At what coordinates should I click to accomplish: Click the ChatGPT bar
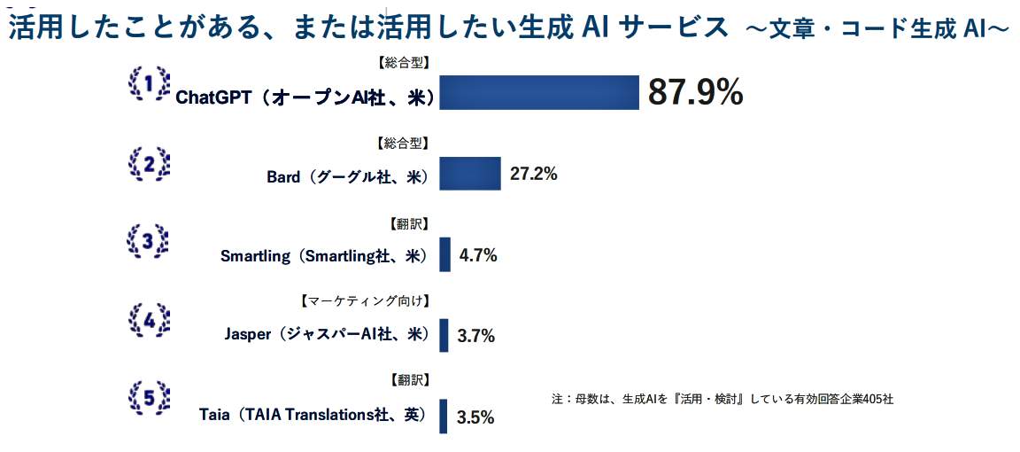pos(539,92)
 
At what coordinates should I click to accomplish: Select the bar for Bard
pos(470,174)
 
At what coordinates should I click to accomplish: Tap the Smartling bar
pos(444,254)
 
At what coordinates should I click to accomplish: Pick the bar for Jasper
pos(444,335)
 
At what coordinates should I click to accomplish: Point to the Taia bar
pos(444,416)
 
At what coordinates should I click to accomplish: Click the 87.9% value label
pos(695,92)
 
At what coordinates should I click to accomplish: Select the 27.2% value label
pos(534,174)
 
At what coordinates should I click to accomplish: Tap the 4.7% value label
pos(478,256)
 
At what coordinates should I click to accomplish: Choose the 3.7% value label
pos(475,337)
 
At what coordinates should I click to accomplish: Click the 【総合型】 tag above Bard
pos(402,142)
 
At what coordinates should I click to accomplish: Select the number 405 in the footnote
pos(869,399)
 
